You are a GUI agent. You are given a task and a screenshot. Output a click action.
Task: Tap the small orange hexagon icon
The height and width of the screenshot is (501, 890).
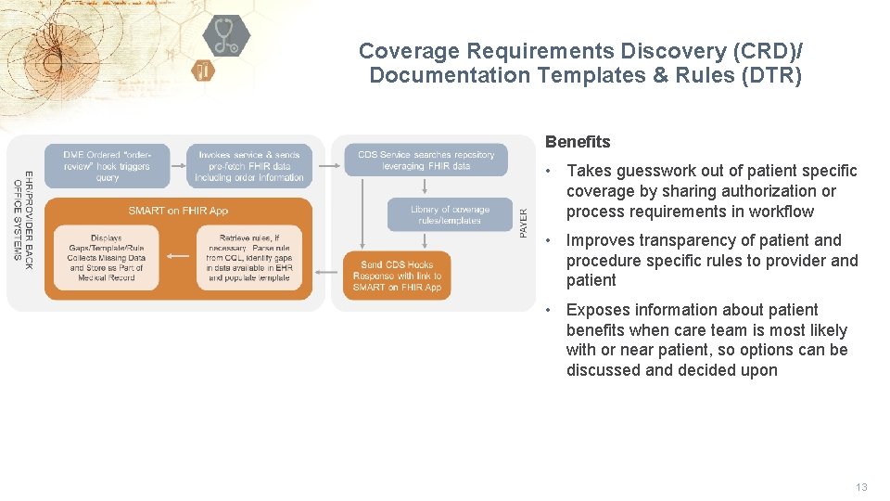pos(203,71)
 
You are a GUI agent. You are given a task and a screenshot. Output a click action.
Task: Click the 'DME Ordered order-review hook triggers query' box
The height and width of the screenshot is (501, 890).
pos(108,165)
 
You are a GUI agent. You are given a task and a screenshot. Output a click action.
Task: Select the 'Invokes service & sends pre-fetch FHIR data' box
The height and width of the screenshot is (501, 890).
pos(249,165)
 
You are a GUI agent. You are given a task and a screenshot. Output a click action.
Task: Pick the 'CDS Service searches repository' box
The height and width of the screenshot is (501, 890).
pos(426,160)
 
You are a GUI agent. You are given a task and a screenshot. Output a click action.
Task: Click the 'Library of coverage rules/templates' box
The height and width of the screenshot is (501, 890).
pos(450,214)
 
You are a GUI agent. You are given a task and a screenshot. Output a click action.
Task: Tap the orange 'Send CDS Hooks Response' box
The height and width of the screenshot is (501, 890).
pos(397,276)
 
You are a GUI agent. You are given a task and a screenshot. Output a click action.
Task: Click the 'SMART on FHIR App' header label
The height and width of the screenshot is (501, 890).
pos(178,211)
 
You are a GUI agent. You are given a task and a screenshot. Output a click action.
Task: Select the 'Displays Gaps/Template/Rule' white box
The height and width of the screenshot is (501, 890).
pos(107,258)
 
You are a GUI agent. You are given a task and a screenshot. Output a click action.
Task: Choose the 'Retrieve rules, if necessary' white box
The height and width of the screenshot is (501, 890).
pos(248,258)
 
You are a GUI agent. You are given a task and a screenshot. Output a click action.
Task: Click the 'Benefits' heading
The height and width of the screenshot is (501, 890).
pos(578,142)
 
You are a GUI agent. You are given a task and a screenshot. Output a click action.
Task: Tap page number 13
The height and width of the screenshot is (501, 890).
pos(861,487)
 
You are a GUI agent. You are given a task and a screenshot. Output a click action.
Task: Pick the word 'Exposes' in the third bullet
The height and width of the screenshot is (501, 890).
pos(600,310)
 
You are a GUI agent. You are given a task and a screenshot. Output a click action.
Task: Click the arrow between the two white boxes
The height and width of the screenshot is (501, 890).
pos(177,257)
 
